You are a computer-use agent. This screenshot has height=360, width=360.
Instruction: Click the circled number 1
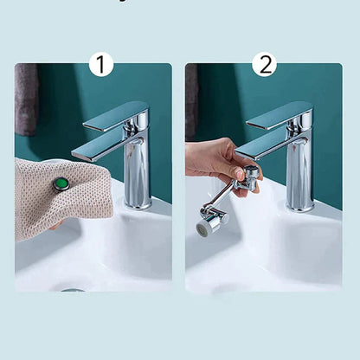[x=101, y=64]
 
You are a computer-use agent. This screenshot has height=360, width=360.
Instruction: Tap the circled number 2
[x=264, y=64]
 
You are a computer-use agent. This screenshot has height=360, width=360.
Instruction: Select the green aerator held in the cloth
[x=61, y=183]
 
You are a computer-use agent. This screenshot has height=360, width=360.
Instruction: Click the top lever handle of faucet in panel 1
[x=118, y=115]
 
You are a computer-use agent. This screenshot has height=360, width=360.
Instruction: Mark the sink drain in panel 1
[x=73, y=290]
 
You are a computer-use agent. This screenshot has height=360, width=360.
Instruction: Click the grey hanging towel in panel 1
[x=26, y=100]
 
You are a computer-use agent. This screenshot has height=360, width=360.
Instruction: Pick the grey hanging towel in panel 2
[x=190, y=100]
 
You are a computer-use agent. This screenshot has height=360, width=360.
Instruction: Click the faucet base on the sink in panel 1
[x=137, y=206]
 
